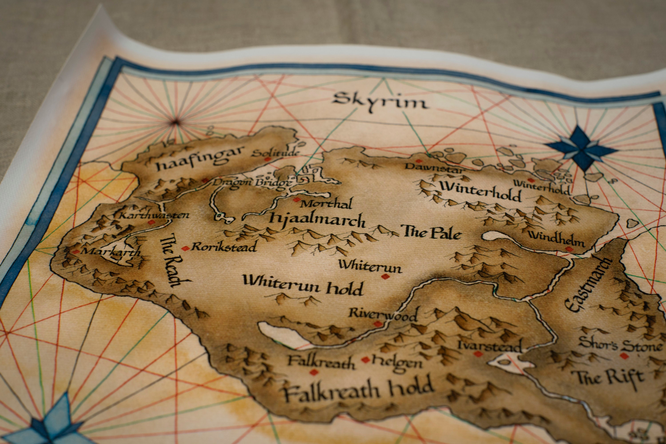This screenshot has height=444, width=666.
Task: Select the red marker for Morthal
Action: click(296, 200)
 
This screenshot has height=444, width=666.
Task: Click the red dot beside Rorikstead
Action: click(185, 249)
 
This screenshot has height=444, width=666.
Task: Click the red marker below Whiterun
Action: click(384, 277)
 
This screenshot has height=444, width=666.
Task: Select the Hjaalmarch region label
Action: click(317, 220)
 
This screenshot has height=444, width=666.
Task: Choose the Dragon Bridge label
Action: click(252, 182)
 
